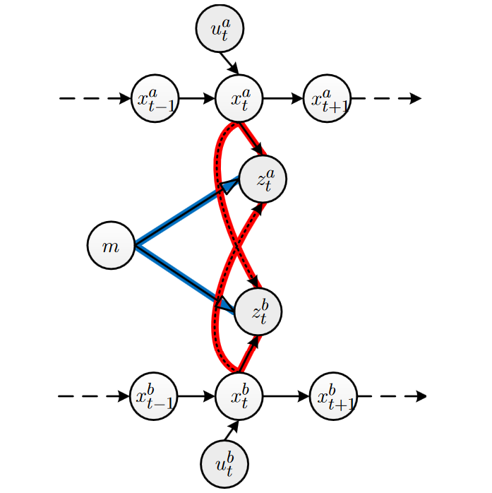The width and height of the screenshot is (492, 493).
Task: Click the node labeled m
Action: point(111,246)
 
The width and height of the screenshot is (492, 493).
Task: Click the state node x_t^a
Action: point(239,98)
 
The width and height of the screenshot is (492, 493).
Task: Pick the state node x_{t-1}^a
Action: point(155,99)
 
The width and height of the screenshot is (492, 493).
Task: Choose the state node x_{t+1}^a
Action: point(327,99)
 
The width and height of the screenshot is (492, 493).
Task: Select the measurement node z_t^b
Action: point(258,311)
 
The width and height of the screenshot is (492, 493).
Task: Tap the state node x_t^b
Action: point(239,396)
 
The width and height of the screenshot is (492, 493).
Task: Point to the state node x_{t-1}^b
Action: point(155,396)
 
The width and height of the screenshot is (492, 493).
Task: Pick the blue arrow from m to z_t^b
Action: point(184,278)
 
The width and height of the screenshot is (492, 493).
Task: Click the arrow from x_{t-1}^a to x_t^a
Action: point(196,99)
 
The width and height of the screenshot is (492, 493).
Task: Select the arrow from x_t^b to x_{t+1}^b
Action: point(286,396)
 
